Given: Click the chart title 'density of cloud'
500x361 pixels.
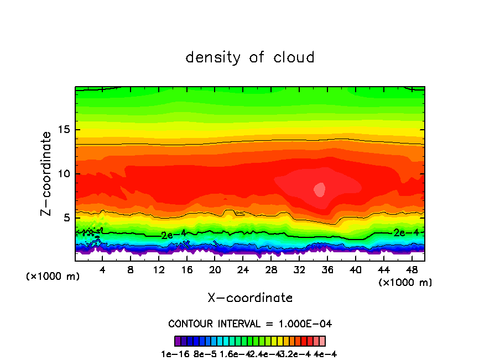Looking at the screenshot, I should pos(250,57).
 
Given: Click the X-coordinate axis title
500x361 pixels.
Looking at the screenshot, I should pos(250,298).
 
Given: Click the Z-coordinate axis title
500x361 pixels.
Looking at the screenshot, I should pos(48,173).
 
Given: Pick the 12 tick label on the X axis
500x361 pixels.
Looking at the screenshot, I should pos(159,270).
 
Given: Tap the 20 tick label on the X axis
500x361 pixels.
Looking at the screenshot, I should pos(215,270).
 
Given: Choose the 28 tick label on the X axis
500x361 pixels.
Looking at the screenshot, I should pos(271,270).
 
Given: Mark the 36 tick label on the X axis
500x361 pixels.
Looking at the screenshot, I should pos(327,270).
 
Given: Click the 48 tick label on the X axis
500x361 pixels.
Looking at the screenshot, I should pos(411,270).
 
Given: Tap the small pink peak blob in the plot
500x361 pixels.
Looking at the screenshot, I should pos(320,189).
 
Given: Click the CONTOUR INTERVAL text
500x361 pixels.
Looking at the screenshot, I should pos(250,323).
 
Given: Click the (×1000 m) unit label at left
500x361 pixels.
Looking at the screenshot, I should pos(53,277).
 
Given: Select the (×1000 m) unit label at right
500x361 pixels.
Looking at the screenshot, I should pos(405,283).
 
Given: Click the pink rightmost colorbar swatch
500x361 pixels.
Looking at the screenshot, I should pos(322,341).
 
